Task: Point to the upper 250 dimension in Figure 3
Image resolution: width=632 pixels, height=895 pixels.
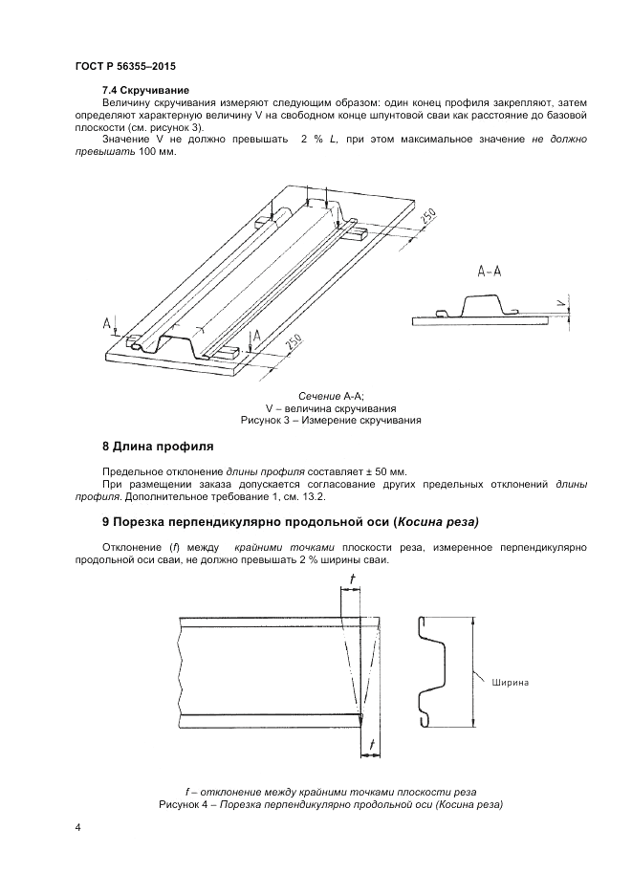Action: (427, 218)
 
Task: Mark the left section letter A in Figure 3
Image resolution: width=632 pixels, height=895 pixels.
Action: (106, 325)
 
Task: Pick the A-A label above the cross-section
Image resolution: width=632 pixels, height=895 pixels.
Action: (490, 271)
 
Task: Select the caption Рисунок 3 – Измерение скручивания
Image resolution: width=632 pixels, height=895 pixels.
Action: (332, 420)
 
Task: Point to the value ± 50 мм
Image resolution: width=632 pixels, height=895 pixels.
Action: (385, 472)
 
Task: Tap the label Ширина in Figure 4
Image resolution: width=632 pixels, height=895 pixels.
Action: (511, 683)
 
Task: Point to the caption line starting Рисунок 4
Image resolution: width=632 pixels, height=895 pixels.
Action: (331, 806)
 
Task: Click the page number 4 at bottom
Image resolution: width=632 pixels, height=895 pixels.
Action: (77, 829)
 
